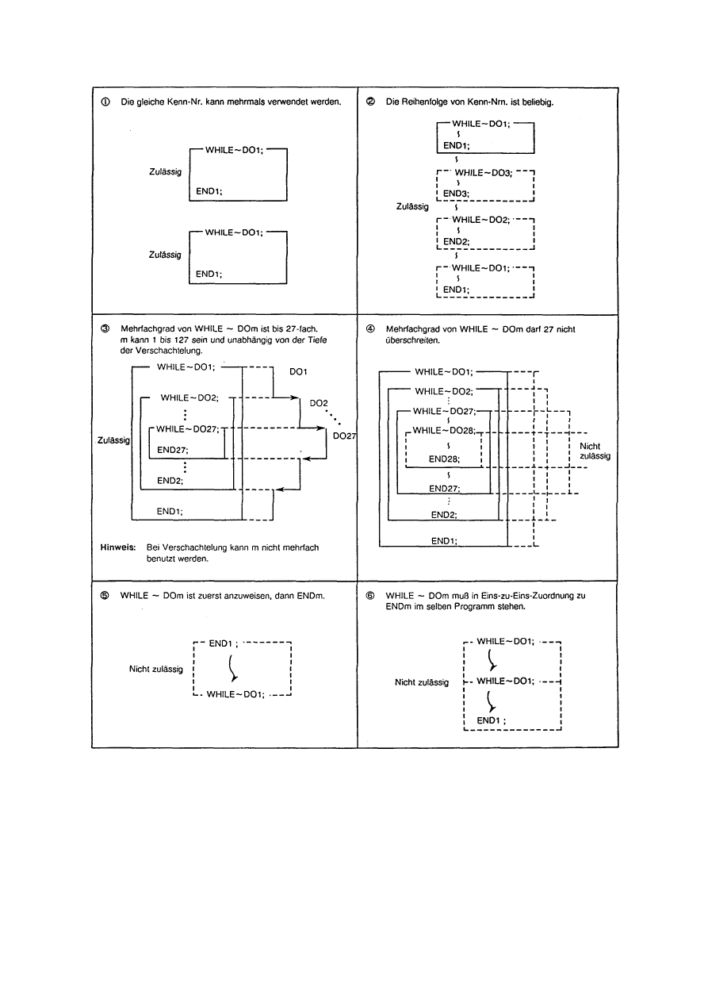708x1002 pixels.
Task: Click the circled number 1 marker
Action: [x=106, y=102]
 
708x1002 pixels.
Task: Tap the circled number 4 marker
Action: [x=370, y=328]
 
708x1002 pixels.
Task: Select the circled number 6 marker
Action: [x=370, y=595]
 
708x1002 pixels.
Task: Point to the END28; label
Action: [x=444, y=459]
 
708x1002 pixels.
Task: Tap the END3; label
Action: [x=457, y=193]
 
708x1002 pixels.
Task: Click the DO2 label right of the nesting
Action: [x=319, y=403]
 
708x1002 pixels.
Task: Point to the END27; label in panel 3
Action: [x=172, y=449]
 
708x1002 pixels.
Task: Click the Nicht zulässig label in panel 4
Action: [x=590, y=451]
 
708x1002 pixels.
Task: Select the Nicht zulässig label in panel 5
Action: [x=156, y=669]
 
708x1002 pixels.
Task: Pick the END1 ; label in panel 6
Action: [x=492, y=720]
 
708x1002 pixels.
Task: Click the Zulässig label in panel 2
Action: [x=411, y=206]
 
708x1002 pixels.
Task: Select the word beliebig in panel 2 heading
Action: [x=546, y=102]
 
